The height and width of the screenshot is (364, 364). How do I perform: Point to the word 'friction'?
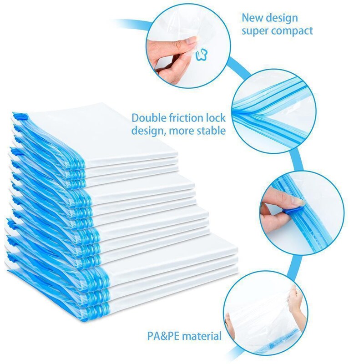[186, 118]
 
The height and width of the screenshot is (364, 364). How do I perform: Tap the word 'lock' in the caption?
[216, 118]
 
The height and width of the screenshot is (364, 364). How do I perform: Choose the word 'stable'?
[211, 131]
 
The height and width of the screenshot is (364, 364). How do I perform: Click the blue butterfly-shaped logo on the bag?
[201, 56]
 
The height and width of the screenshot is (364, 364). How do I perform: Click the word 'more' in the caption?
[181, 131]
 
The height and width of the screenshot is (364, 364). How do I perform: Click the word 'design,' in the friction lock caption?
[149, 131]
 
